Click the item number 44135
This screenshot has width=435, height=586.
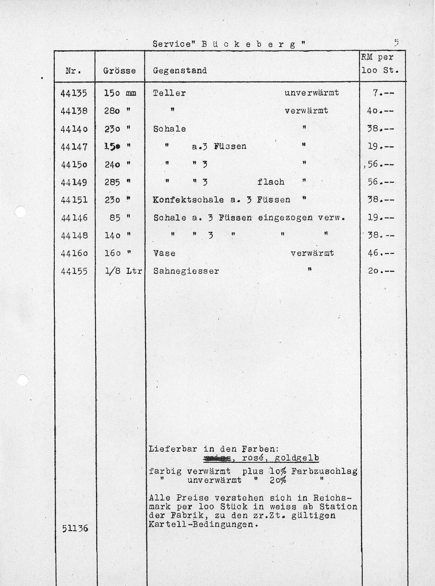pos(74,93)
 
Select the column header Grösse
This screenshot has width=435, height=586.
pos(119,71)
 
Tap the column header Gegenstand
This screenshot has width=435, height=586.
pos(180,71)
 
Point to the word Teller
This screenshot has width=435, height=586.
pos(169,93)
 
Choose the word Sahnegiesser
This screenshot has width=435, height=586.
pos(186,271)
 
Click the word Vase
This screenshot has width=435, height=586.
pos(164,253)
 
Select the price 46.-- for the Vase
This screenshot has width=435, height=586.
pos(381,253)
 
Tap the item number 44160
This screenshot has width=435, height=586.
pos(74,253)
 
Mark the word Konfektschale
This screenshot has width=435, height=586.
pos(188,200)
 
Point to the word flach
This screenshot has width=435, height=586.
pos(271,182)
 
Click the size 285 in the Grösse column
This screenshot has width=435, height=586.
pos(113,182)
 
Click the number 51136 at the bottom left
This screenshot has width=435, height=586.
pos(75,528)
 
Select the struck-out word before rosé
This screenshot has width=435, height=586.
pos(217,458)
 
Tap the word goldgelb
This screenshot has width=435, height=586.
pos(297,458)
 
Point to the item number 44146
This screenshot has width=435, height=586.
pos(74,218)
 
